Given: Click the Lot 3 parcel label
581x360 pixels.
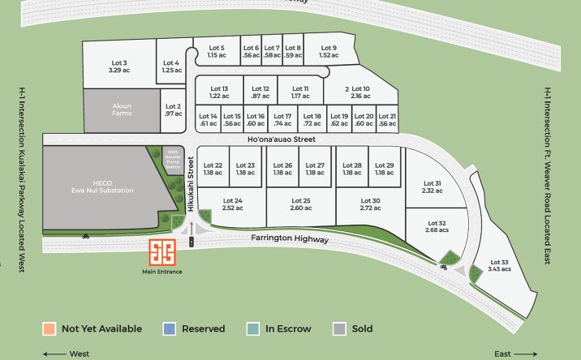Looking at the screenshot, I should (118, 66).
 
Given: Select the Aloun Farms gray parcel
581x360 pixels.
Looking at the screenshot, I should (122, 109).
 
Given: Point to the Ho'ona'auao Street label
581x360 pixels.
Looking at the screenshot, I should (282, 139).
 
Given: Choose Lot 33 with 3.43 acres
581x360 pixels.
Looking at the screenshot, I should (500, 265).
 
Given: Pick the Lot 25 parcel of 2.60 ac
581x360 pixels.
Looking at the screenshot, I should (301, 204).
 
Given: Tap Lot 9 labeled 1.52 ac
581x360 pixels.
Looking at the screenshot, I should (329, 51).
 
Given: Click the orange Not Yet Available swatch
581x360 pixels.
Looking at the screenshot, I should (49, 328).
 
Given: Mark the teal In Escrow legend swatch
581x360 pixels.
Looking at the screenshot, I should (253, 328).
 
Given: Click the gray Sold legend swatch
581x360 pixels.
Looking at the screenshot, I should (339, 328).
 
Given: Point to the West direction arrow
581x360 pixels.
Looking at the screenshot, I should (55, 354).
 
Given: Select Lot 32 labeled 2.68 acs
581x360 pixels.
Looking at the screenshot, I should (436, 226).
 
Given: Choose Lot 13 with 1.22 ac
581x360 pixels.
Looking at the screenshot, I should (219, 92).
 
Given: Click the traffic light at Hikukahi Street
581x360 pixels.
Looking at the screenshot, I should (192, 242).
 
